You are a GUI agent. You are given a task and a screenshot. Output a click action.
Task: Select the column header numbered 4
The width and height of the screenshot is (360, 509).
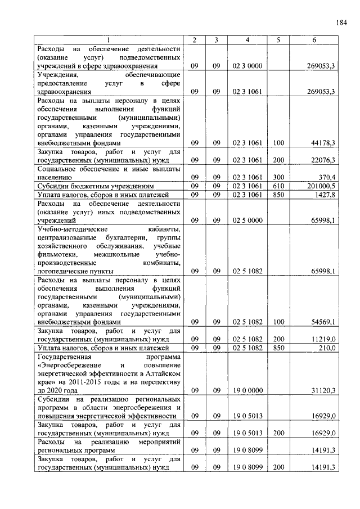(247, 40)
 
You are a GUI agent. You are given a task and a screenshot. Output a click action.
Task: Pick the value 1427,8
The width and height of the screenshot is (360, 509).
(325, 195)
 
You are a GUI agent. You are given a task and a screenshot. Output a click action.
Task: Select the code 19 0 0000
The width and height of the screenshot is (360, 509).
(247, 390)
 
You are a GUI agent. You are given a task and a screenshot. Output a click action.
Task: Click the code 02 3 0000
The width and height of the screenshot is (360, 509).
(247, 66)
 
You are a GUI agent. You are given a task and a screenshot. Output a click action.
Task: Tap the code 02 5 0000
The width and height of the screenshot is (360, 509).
(247, 220)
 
